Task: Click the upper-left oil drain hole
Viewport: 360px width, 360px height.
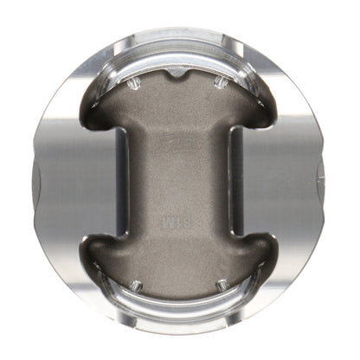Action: (x=135, y=84)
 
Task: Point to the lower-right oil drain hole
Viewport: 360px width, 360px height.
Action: (x=222, y=283)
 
